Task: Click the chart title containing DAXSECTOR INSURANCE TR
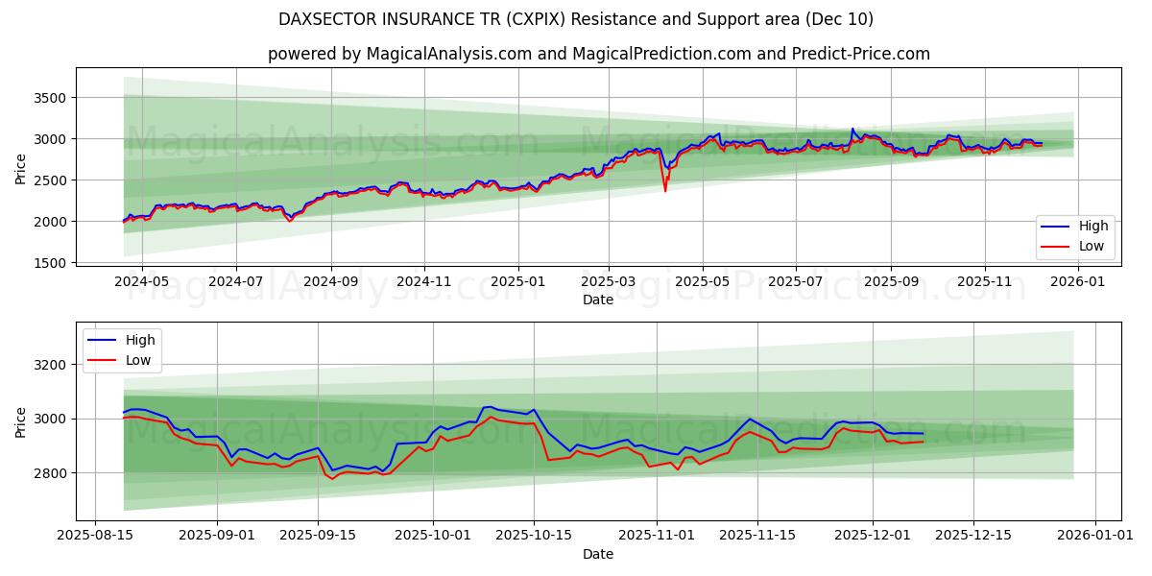(x=576, y=19)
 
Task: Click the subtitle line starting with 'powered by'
(x=598, y=54)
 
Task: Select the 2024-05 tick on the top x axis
(x=141, y=282)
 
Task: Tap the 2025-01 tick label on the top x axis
(x=518, y=282)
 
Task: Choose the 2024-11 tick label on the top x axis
(x=424, y=282)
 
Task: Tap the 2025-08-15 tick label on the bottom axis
(x=94, y=536)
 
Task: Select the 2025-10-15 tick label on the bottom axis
(x=534, y=536)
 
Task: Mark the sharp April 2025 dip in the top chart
(x=665, y=190)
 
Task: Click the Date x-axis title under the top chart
(x=598, y=300)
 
